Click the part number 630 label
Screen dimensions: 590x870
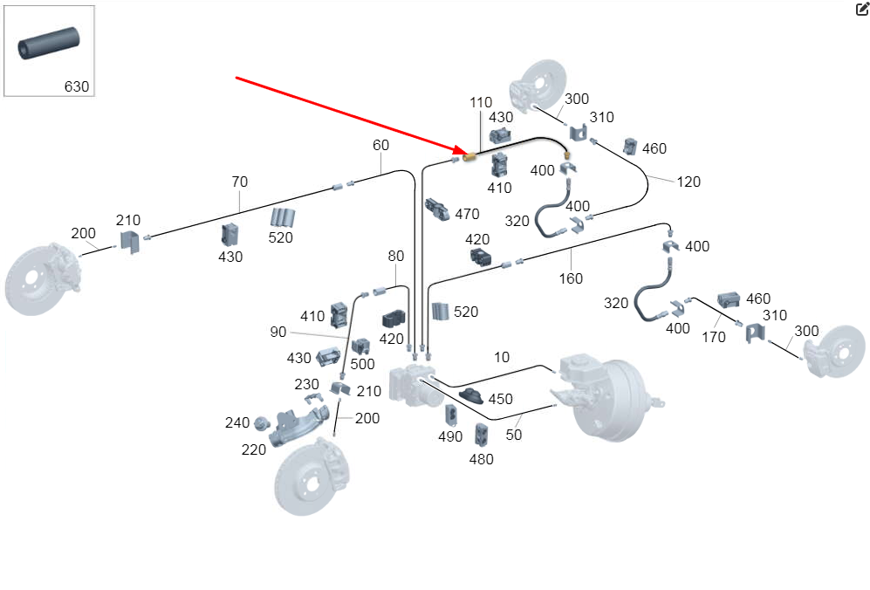click(x=77, y=86)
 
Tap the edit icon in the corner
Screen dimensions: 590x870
click(x=862, y=10)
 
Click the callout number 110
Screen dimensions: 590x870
click(x=481, y=102)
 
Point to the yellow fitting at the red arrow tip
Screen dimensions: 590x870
click(x=469, y=157)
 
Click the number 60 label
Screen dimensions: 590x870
click(x=381, y=145)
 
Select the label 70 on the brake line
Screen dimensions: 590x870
click(x=239, y=182)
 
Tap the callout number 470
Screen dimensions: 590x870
click(x=467, y=213)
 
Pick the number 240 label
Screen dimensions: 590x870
click(x=237, y=422)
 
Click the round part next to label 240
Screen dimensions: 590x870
click(x=259, y=424)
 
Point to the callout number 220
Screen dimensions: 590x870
click(x=254, y=449)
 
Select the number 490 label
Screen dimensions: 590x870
click(x=450, y=436)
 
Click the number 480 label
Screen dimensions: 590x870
click(x=481, y=459)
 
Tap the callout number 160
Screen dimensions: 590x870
click(x=571, y=279)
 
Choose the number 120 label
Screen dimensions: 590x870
click(x=688, y=182)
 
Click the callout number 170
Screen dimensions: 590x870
click(x=713, y=336)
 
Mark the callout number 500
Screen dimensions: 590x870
click(x=362, y=365)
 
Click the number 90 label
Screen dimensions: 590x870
click(x=277, y=333)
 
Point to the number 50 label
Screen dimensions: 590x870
click(x=514, y=434)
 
